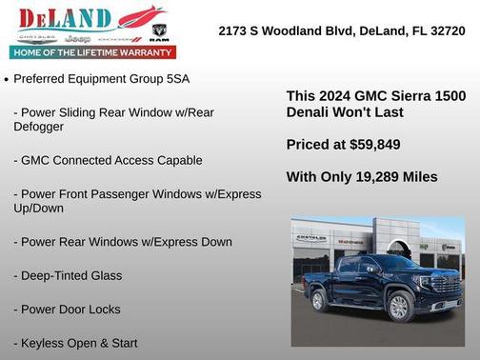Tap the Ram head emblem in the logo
(x=159, y=32)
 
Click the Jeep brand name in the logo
(x=86, y=41)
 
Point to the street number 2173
(x=232, y=30)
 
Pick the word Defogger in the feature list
(x=39, y=126)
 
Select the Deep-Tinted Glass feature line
(x=68, y=275)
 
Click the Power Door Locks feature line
(x=67, y=310)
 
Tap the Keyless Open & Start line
(x=75, y=343)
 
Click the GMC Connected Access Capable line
(x=108, y=160)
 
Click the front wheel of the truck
(x=399, y=305)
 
